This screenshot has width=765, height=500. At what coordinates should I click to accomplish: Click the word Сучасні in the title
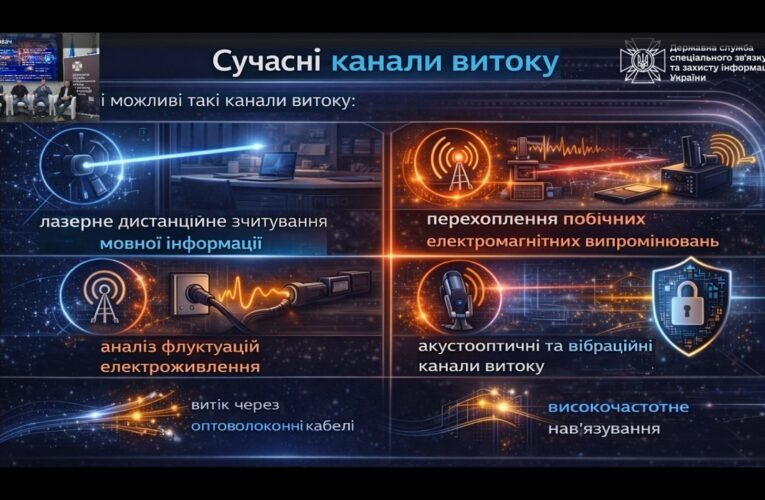click(266, 61)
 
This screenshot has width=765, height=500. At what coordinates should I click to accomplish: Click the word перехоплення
click(463, 219)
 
